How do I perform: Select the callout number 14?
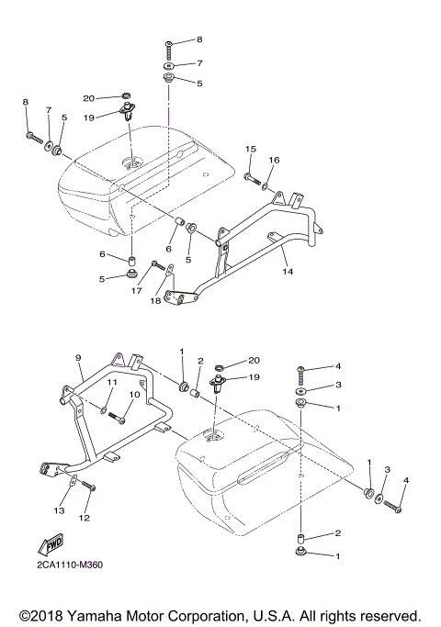(287, 272)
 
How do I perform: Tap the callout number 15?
(249, 148)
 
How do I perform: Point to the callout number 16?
(273, 160)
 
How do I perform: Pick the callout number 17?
(136, 291)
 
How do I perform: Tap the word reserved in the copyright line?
(390, 614)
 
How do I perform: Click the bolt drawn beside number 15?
(251, 176)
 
